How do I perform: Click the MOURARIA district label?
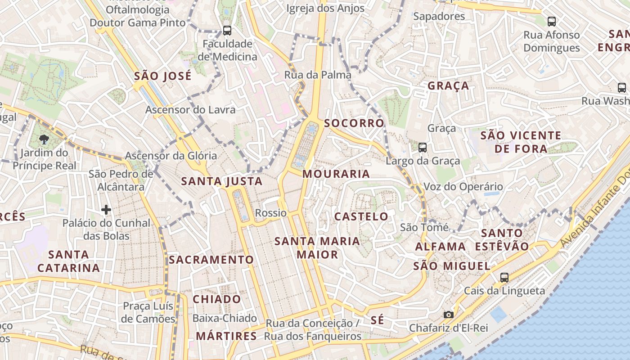336,174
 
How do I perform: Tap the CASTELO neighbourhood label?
361,216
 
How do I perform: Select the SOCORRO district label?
354,123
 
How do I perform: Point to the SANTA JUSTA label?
221,181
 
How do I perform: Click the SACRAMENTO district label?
211,260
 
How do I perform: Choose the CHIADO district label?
217,299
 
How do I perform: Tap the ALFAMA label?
441,247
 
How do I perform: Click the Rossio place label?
270,213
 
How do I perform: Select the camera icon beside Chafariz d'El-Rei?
448,315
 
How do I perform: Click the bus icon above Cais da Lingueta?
504,277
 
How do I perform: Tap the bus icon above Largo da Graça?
422,147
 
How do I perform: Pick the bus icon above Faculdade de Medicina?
227,31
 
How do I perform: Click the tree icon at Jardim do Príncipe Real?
44,139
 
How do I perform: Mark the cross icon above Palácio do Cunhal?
106,210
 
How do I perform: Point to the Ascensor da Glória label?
171,156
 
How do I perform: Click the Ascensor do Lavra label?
190,109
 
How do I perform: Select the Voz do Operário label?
463,186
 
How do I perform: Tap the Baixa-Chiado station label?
225,318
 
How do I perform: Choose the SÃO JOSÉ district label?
163,76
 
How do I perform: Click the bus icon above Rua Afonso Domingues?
551,21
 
